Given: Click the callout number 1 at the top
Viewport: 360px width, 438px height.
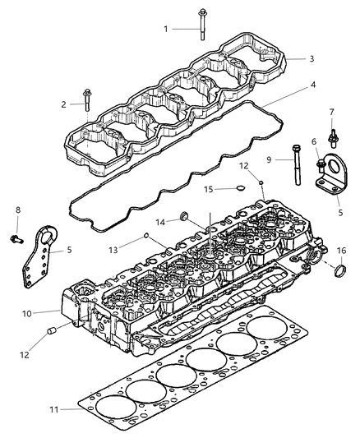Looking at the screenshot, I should [x=165, y=29].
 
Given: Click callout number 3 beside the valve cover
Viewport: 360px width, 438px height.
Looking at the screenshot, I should [x=312, y=58].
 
